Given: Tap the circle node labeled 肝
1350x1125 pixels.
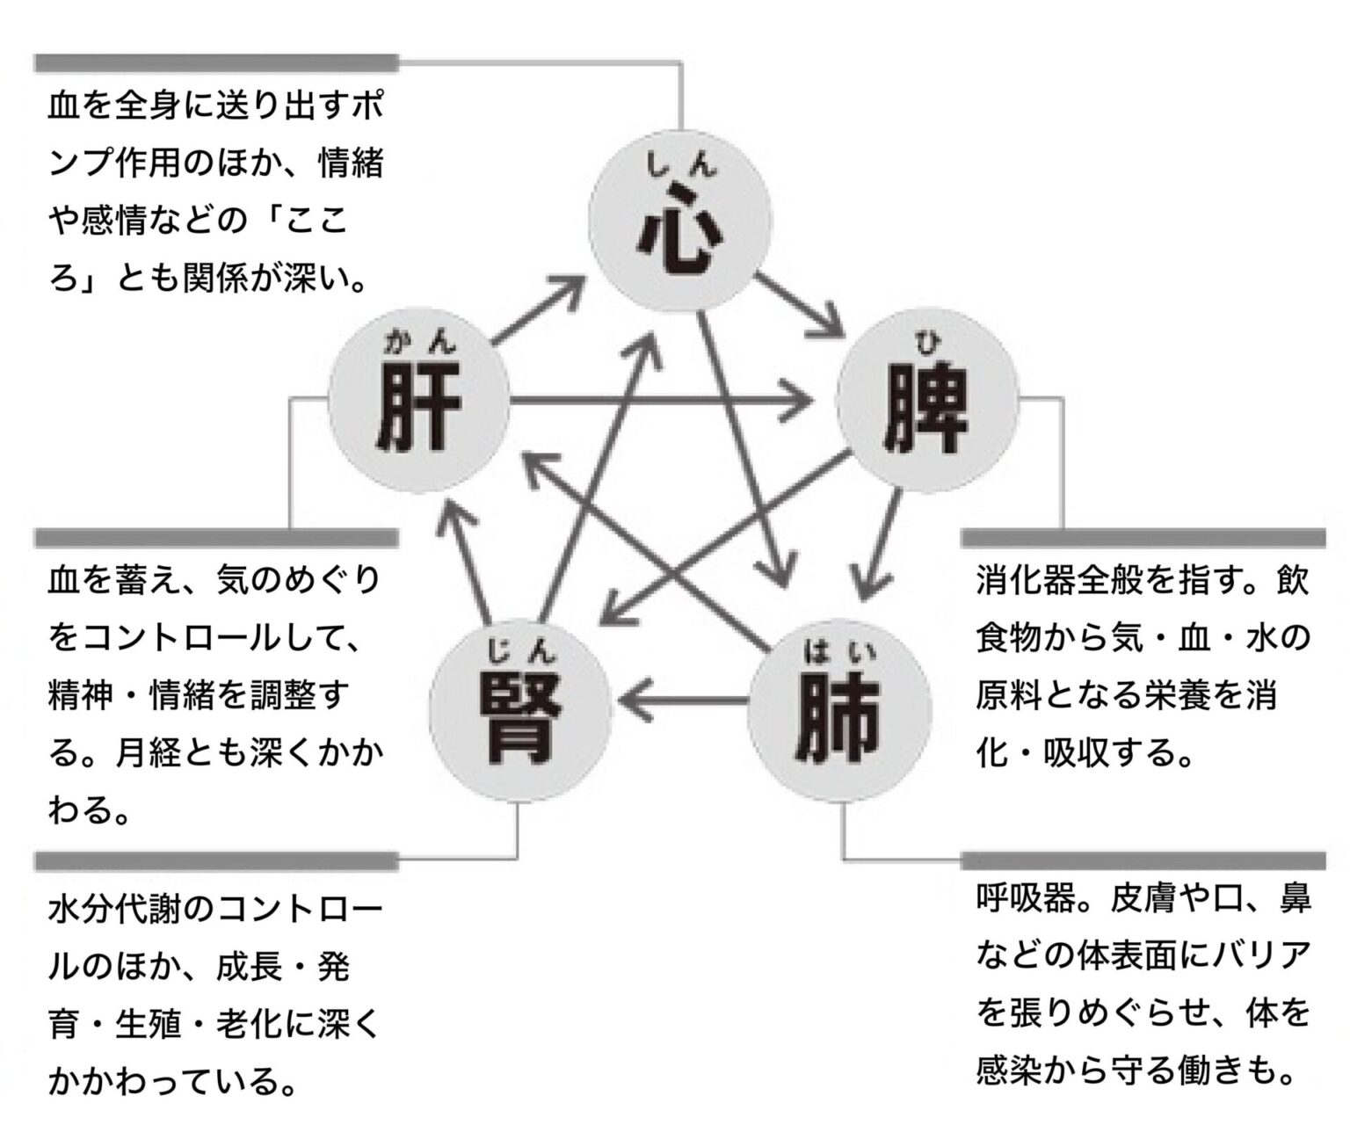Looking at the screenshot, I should point(418,405).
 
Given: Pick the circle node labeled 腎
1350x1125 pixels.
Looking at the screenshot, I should point(519,711).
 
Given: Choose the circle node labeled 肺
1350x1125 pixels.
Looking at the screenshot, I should point(839,713).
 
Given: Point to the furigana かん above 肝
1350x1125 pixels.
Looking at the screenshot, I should point(419,342).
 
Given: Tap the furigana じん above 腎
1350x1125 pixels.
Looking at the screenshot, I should point(519,651).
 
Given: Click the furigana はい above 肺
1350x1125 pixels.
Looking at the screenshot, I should point(839,651).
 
